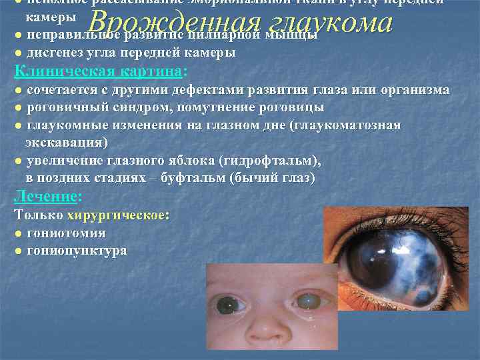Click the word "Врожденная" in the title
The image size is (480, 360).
(x=174, y=23)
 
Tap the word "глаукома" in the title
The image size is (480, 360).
(x=327, y=23)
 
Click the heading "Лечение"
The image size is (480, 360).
(x=45, y=197)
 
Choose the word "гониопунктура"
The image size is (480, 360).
(x=77, y=251)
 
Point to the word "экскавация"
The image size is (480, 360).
(x=66, y=143)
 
